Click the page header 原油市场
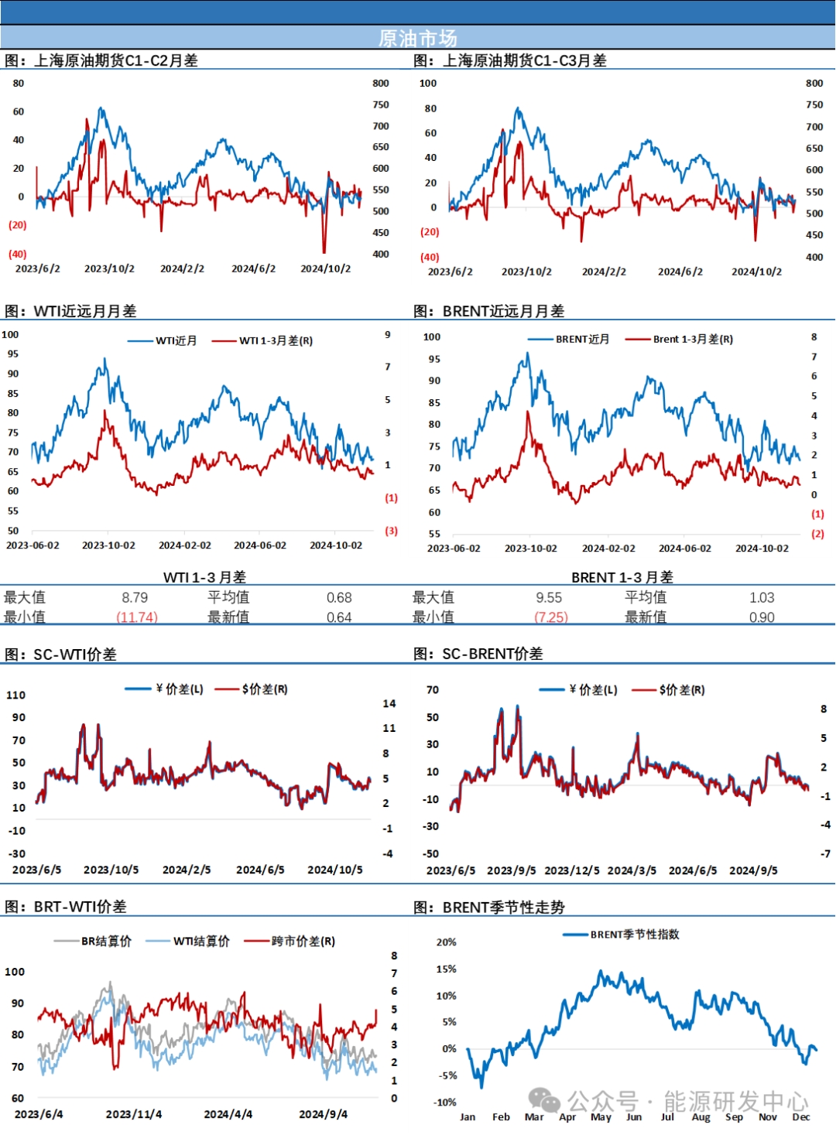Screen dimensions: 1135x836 pyautogui.click(x=418, y=38)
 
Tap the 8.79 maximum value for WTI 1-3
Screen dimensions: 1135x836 pyautogui.click(x=135, y=597)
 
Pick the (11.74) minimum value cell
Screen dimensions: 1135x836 pyautogui.click(x=137, y=617)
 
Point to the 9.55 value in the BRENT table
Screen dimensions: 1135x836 pyautogui.click(x=549, y=597)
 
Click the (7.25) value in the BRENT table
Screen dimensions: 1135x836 pyautogui.click(x=551, y=617)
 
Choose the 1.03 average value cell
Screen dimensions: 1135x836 pyautogui.click(x=762, y=597)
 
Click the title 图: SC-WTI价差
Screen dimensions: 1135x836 pyautogui.click(x=61, y=655)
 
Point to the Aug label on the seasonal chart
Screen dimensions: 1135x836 pyautogui.click(x=701, y=1116)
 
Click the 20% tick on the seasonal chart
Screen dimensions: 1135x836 pyautogui.click(x=447, y=942)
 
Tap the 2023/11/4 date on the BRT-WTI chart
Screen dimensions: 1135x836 pyautogui.click(x=134, y=1114)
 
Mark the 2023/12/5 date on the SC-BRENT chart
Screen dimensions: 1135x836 pyautogui.click(x=572, y=870)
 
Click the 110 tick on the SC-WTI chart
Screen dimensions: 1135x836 pyautogui.click(x=16, y=695)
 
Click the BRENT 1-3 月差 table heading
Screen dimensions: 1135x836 pyautogui.click(x=622, y=577)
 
